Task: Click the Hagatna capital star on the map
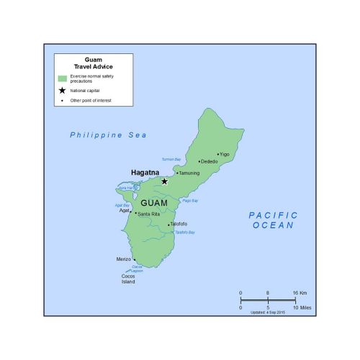pos(164,181)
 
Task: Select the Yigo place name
pos(225,154)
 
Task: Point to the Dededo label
pos(210,161)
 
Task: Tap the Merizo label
pos(124,259)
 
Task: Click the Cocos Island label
pos(127,279)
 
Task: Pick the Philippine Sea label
pos(108,135)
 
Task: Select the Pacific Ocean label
pos(273,220)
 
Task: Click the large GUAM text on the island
pos(154,203)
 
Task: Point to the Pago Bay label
pos(190,200)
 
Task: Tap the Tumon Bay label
pos(171,158)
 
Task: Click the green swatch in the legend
pos(63,78)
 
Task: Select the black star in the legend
pos(63,91)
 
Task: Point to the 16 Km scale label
pos(300,293)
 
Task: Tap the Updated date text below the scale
pos(267,312)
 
